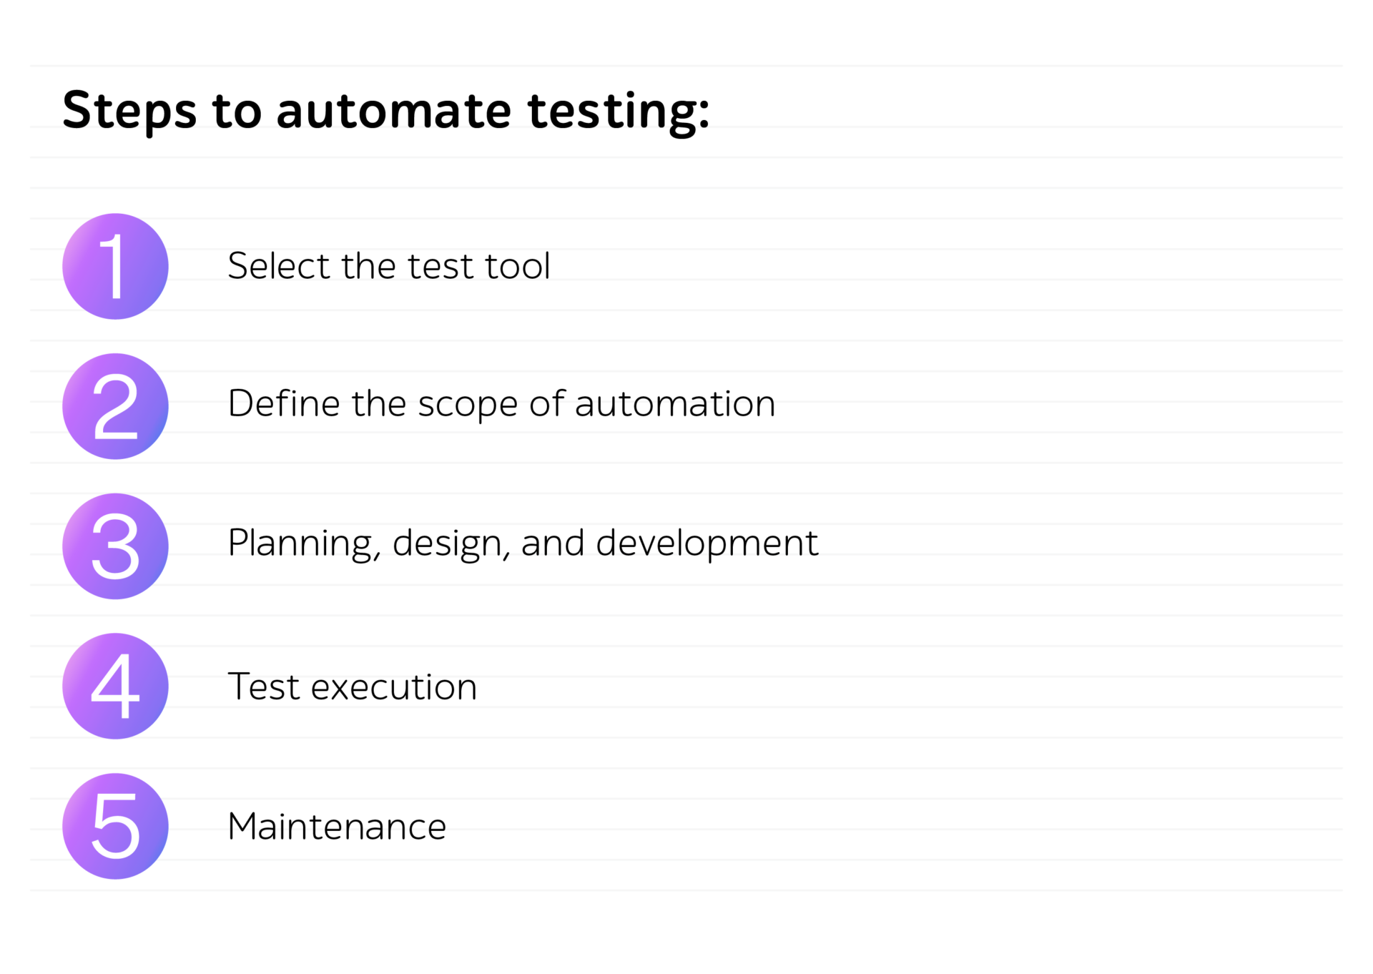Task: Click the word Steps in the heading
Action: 129,112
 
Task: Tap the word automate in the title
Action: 394,112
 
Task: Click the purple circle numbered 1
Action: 115,266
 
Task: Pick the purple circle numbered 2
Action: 115,406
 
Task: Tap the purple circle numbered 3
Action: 115,546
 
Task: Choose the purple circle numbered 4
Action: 115,687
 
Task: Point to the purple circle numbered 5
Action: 115,826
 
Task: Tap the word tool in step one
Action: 518,266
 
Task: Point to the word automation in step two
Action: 675,404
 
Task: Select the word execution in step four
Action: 394,687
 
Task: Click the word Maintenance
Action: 337,827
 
